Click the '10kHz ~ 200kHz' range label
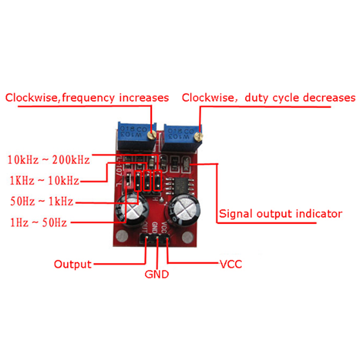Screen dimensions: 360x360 pyautogui.click(x=48, y=160)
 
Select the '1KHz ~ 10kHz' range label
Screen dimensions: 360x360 pyautogui.click(x=43, y=181)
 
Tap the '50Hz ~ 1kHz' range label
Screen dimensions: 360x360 pyautogui.click(x=41, y=201)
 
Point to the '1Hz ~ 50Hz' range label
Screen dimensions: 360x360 pyautogui.click(x=38, y=223)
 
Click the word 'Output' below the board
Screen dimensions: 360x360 pyautogui.click(x=73, y=264)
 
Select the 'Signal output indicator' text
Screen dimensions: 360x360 pyautogui.click(x=280, y=214)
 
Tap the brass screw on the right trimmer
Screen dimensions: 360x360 pyautogui.click(x=197, y=134)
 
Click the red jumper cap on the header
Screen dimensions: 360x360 pyautogui.click(x=129, y=182)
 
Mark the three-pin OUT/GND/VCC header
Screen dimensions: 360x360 pyautogui.click(x=156, y=241)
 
